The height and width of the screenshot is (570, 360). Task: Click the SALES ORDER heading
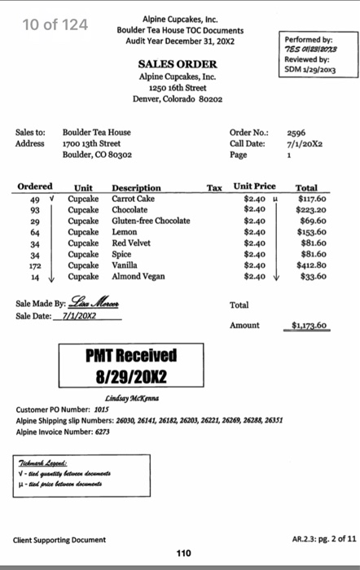[177, 64]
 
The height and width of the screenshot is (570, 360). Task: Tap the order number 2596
[296, 132]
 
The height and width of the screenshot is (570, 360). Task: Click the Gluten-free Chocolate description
[151, 221]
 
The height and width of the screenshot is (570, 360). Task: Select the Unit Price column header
[254, 186]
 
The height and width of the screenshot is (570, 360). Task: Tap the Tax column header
[214, 187]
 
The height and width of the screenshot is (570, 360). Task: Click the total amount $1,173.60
[310, 326]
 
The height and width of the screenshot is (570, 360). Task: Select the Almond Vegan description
[138, 277]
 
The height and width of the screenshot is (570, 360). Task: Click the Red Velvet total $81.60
[311, 243]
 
